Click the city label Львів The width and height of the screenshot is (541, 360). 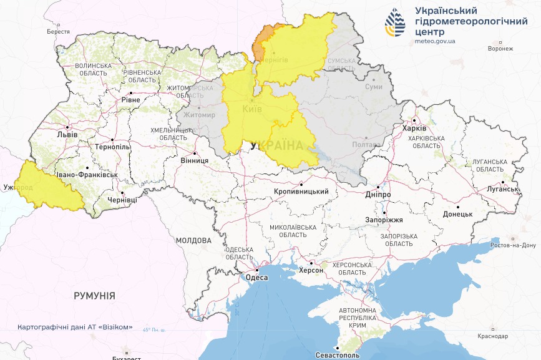[67, 134]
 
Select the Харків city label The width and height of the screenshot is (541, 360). [414, 129]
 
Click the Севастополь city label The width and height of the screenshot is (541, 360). [336, 354]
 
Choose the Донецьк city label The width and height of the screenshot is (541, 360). [457, 214]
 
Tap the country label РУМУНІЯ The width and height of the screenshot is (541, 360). [94, 295]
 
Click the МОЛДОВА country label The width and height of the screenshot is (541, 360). [193, 240]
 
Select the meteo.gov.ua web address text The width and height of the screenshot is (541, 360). [435, 42]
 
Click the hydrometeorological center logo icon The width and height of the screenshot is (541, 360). [395, 24]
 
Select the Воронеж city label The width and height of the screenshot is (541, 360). [500, 49]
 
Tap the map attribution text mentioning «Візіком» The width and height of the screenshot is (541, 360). [75, 328]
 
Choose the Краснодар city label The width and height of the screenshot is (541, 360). [494, 336]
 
